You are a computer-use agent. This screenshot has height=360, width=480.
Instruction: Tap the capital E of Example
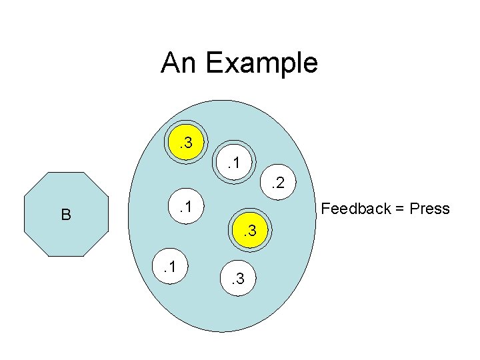coord(213,63)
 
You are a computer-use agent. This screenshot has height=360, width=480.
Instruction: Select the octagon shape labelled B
coord(65,214)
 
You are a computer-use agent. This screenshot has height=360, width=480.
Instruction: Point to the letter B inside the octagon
coord(65,215)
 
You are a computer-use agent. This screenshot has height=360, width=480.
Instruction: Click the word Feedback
coord(355,209)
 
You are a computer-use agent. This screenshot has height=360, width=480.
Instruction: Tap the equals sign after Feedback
coord(399,209)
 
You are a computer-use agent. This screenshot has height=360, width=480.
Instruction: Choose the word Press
coord(430,209)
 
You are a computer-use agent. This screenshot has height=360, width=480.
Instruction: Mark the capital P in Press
coord(415,209)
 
